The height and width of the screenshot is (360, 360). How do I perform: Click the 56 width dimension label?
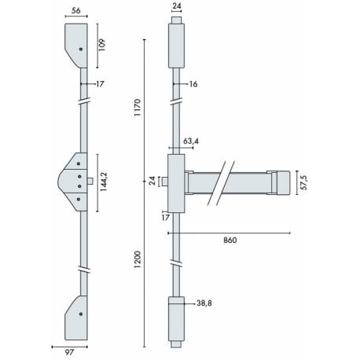(76, 11)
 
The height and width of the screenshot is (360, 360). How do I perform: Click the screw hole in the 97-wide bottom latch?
(80, 314)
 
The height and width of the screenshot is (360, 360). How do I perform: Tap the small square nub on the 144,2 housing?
(93, 182)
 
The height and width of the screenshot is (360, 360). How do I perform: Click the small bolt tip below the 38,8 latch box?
(177, 343)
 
